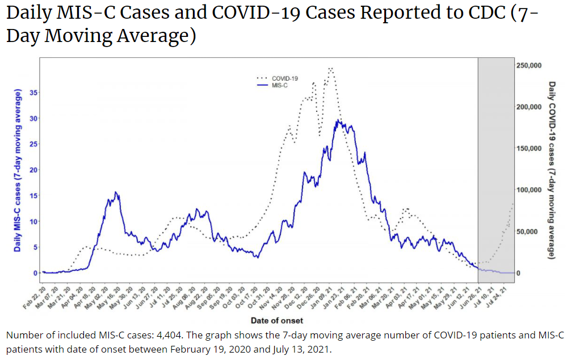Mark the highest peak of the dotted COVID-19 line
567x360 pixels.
point(330,68)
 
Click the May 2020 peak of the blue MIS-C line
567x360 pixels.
point(116,192)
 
